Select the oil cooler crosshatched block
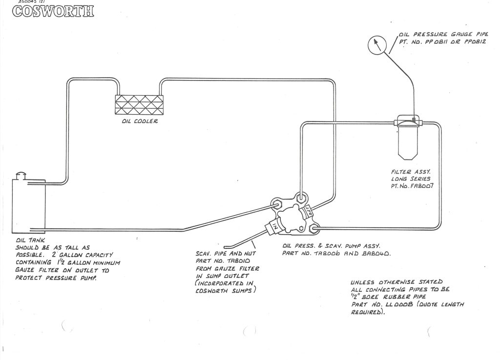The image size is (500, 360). [139, 104]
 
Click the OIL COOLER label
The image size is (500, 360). [140, 121]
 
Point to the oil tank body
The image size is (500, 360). [28, 205]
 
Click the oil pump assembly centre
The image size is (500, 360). [292, 215]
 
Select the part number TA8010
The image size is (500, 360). [232, 261]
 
